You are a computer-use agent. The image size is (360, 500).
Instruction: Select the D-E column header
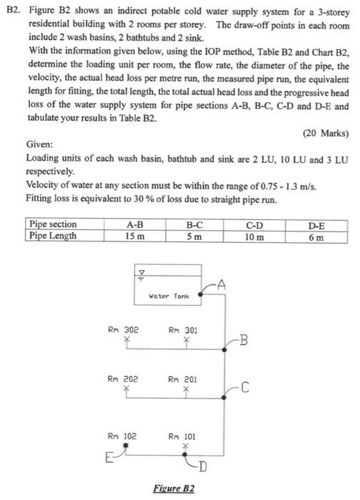coord(316,224)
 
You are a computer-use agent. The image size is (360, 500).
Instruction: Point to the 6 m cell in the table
coord(316,235)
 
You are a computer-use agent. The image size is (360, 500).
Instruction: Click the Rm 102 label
coord(123,434)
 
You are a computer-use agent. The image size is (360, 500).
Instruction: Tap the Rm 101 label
coord(183,434)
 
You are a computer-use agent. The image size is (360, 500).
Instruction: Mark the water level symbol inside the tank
coord(142,274)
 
